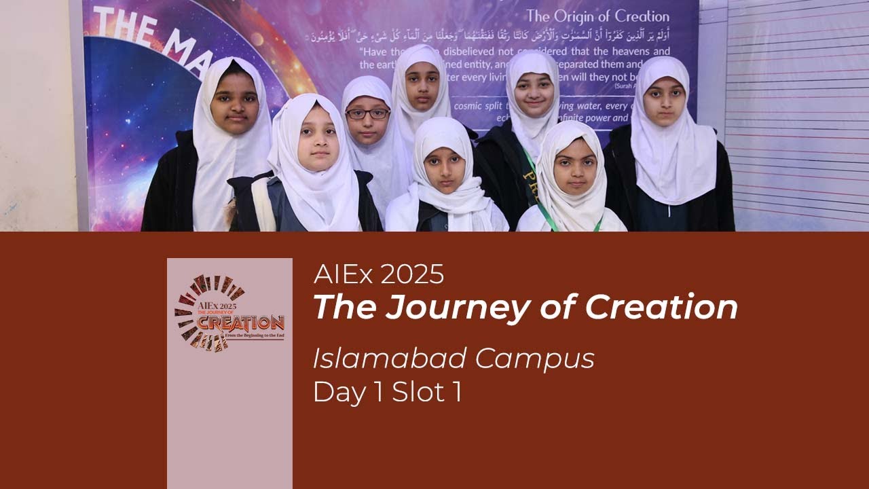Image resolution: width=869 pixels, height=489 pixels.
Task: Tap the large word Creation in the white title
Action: coord(661,307)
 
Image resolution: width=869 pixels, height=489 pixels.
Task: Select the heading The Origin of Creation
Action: coord(597,16)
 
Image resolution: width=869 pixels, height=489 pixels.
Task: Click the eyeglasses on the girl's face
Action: coord(367,113)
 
